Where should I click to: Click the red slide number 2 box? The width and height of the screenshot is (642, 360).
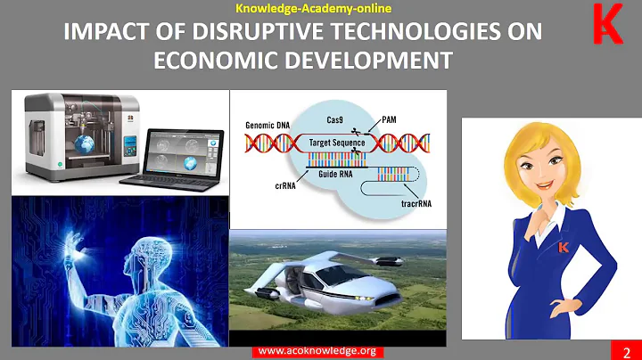[627, 349]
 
